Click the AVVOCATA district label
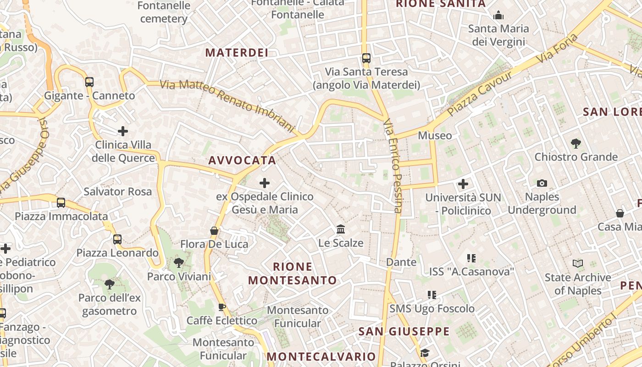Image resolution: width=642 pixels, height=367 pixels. point(242,161)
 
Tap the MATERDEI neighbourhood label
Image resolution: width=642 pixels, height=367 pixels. point(237,53)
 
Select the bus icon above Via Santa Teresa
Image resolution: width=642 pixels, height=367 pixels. point(366,58)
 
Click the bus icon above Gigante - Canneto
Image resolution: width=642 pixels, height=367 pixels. point(89,82)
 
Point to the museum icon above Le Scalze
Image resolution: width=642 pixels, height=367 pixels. point(341,229)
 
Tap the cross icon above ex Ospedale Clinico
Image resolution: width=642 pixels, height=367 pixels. point(265,183)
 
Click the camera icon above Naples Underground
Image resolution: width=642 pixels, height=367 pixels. point(542,183)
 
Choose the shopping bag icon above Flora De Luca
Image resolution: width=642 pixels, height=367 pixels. point(214,230)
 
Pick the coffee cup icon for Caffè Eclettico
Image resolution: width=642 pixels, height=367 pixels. point(222,307)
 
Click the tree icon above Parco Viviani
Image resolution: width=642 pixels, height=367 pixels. point(178,263)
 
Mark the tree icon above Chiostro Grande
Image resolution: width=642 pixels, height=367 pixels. point(576,144)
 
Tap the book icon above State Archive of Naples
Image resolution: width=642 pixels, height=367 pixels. point(578,264)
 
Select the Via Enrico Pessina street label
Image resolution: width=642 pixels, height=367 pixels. point(393,165)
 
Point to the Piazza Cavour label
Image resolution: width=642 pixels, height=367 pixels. point(480,94)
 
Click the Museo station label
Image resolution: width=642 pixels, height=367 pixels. point(435,135)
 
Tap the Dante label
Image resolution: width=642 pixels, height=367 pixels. point(401,262)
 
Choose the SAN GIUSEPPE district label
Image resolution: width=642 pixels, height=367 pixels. point(404,331)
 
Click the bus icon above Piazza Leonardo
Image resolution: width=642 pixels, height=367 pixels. point(117,239)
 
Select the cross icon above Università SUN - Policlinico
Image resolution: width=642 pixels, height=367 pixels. point(463,184)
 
